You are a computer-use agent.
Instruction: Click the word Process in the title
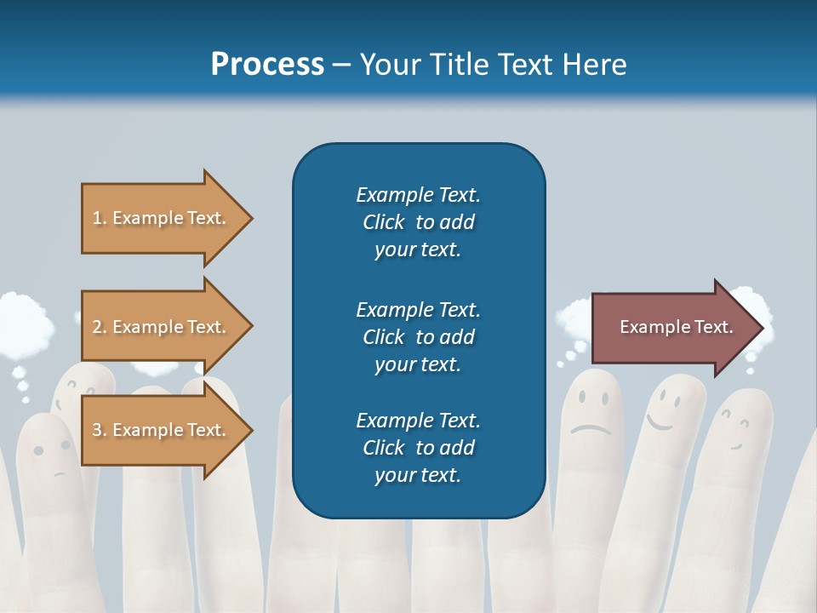(x=267, y=64)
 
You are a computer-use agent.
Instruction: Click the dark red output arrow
(x=672, y=327)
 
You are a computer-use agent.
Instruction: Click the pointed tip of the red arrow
(x=761, y=327)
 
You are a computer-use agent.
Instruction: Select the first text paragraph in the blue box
(x=418, y=222)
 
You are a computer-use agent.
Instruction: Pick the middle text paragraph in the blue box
(x=418, y=336)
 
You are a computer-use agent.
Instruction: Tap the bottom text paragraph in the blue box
(x=418, y=448)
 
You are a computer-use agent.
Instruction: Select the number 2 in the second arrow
(x=97, y=327)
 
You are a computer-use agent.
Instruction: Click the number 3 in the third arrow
(x=97, y=430)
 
